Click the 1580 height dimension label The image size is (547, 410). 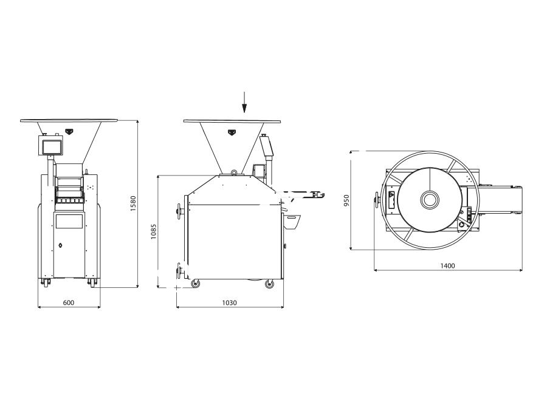tap(133, 203)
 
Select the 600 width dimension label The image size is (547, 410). tap(68, 302)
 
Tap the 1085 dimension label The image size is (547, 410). tap(154, 231)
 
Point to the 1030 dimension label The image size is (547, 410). tap(229, 302)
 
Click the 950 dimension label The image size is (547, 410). tap(346, 200)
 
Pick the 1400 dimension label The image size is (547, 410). tap(447, 265)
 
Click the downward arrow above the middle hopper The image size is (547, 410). tap(244, 102)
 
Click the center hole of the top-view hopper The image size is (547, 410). tap(430, 200)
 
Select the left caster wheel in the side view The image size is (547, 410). tap(196, 284)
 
